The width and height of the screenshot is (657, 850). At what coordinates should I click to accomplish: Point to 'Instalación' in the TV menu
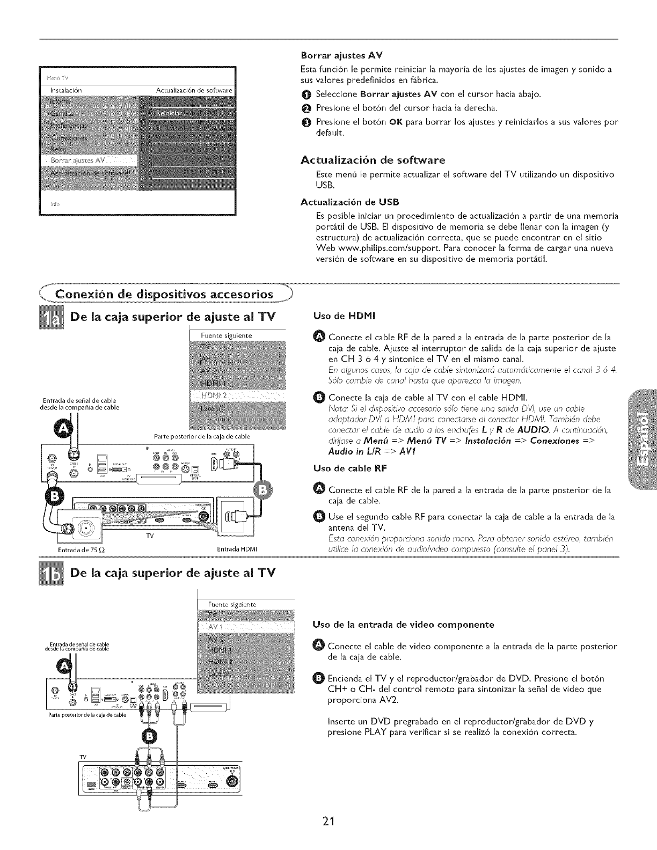pos(65,89)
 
